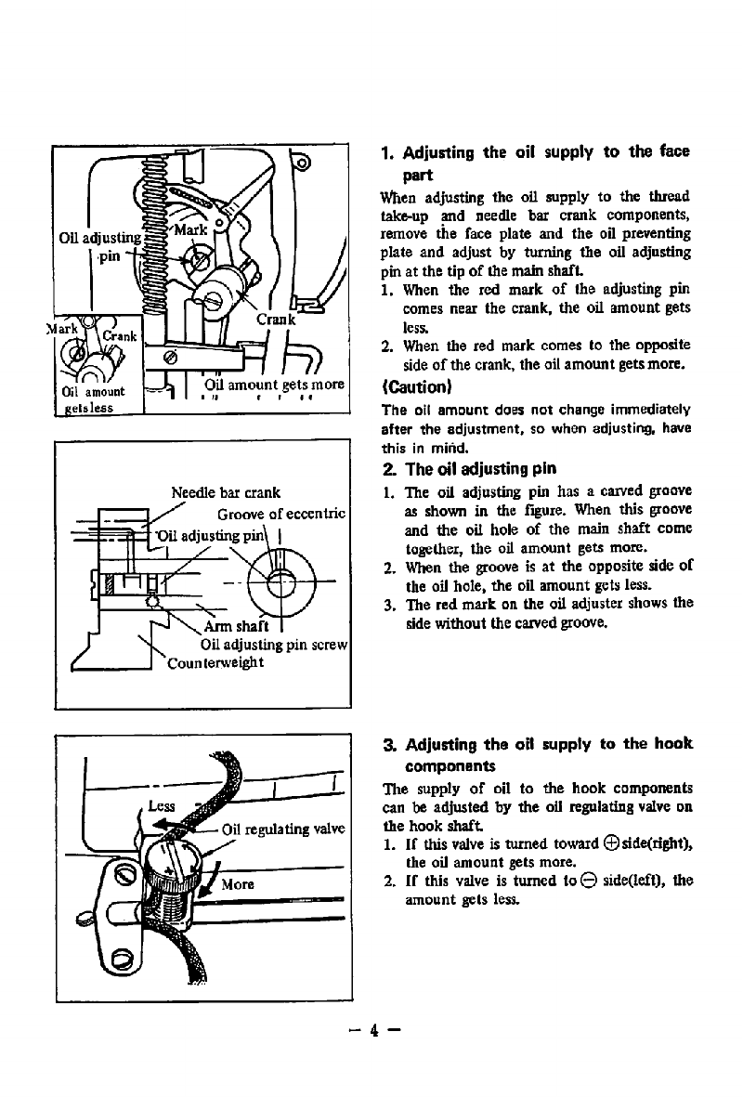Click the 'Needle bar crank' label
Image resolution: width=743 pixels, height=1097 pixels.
[x=227, y=492]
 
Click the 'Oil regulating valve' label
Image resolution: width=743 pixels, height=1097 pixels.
[x=284, y=829]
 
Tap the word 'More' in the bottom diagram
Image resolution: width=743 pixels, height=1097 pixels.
[x=238, y=883]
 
